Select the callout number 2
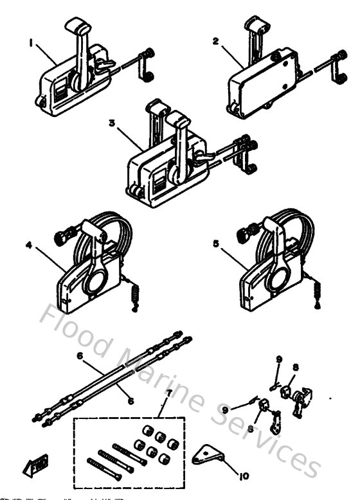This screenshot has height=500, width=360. pos(216,40)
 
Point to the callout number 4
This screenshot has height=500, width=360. pos(29,245)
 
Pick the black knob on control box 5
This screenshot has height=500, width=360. pos(244,237)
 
